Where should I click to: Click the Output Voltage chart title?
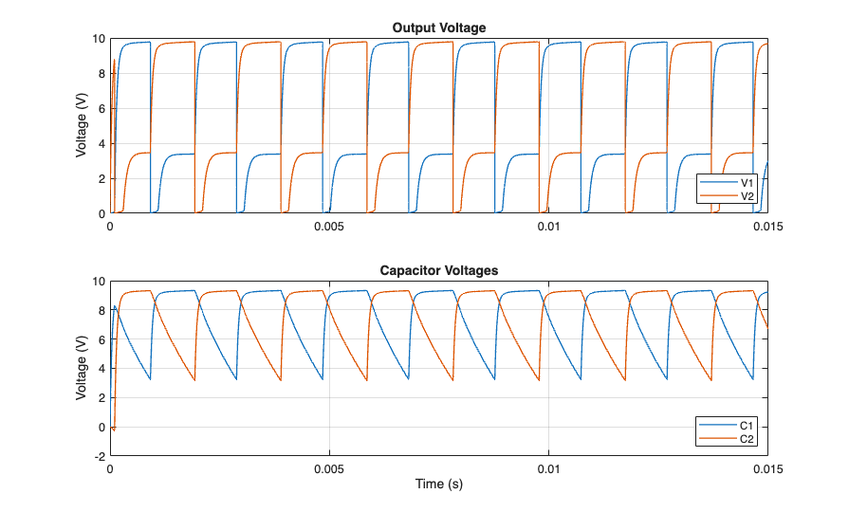click(x=438, y=27)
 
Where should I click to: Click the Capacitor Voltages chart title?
click(x=438, y=270)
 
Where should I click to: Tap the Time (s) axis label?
click(x=438, y=484)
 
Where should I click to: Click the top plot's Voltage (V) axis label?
click(x=82, y=126)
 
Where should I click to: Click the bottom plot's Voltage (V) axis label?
click(x=82, y=368)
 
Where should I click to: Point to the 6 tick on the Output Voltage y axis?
click(x=101, y=109)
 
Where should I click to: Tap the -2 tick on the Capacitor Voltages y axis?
click(x=99, y=456)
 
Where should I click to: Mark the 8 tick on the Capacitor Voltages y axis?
click(x=101, y=310)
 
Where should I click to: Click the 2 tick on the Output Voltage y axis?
click(x=101, y=179)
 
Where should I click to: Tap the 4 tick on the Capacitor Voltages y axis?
click(x=101, y=369)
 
